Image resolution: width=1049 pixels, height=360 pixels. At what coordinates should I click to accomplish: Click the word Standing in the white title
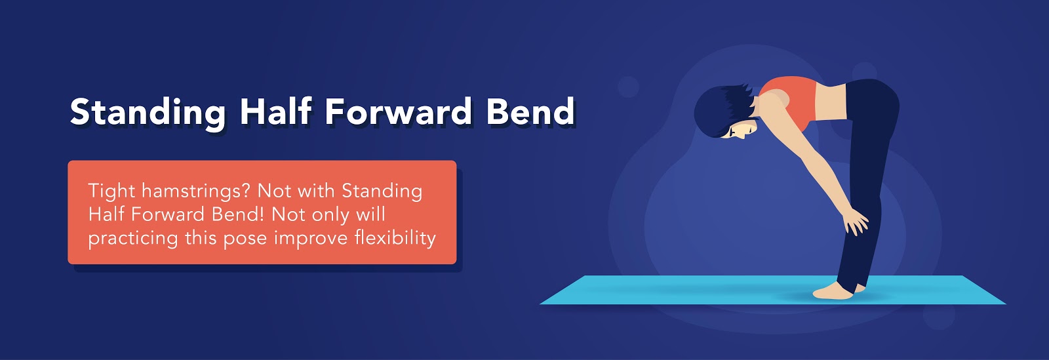(x=148, y=113)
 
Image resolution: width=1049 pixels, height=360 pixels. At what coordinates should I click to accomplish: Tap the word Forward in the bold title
(x=398, y=111)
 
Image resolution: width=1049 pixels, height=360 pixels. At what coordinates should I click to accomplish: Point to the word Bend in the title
(x=530, y=111)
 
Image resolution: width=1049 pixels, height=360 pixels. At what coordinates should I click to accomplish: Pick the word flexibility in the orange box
(x=395, y=238)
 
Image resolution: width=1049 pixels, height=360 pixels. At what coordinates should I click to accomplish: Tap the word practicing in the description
(x=132, y=238)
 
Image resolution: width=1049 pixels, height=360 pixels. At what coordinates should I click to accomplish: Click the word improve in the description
(x=311, y=239)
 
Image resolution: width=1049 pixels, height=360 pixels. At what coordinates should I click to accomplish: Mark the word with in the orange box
(x=316, y=191)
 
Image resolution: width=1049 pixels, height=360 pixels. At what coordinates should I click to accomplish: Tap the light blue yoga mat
(x=773, y=290)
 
